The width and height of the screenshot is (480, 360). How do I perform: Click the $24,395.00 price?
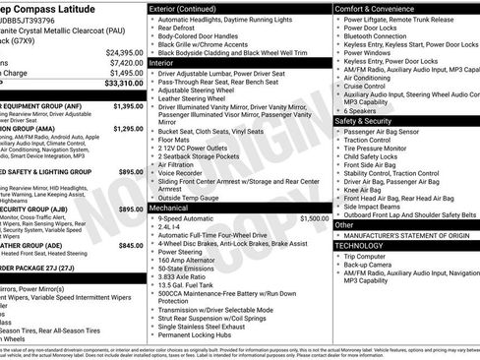click(x=123, y=52)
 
